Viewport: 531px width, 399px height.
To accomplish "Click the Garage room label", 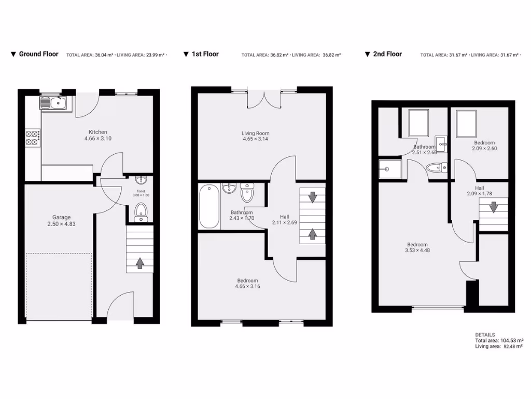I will [61, 217].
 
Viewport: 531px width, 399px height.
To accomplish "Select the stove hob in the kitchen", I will [32, 137].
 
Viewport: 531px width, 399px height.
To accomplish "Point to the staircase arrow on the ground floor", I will [140, 263].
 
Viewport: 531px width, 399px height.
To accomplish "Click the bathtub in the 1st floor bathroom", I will [209, 207].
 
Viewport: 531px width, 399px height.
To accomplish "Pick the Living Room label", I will [256, 133].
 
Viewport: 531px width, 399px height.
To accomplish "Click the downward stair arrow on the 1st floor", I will [313, 197].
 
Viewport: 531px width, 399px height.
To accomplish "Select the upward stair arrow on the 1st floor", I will [313, 234].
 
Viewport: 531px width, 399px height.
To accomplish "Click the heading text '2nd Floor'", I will [387, 54].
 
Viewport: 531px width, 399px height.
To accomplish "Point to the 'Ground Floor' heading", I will [38, 54].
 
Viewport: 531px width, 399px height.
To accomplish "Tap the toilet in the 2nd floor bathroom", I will [437, 167].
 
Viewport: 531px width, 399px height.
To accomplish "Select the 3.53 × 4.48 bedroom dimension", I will [417, 250].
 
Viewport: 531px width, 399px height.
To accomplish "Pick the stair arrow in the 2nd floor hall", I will [493, 207].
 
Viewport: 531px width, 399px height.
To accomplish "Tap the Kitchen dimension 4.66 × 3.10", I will [98, 139].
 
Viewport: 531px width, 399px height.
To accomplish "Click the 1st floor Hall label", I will [284, 217].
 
